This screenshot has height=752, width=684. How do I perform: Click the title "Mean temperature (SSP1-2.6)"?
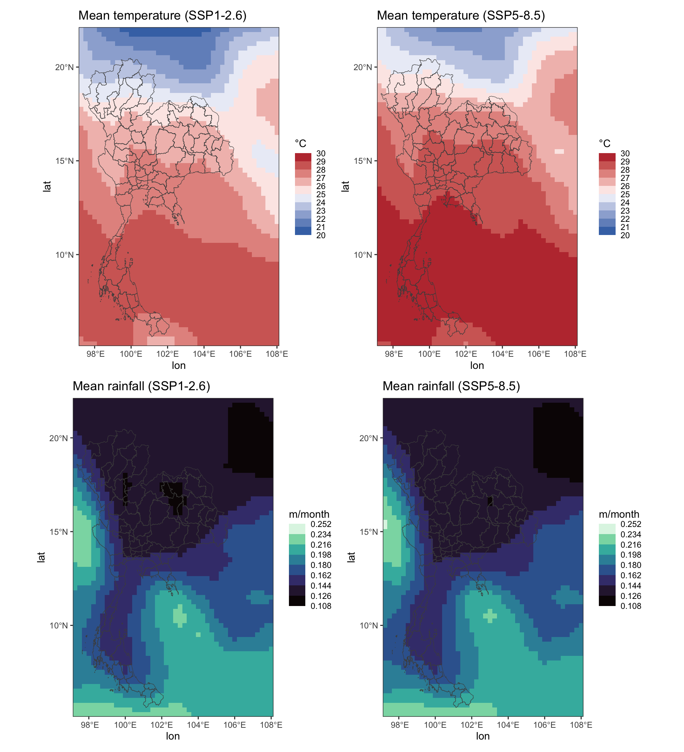point(162,16)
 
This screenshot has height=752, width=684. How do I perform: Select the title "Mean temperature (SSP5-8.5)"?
point(461,16)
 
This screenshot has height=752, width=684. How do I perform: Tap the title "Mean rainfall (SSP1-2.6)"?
point(141,386)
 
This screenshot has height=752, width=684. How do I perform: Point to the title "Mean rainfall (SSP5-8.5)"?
point(451,386)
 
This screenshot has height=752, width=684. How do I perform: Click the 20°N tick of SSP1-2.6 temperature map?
point(64,67)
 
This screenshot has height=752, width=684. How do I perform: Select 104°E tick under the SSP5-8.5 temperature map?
point(502,354)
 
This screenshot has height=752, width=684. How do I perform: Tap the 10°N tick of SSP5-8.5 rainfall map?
point(369,626)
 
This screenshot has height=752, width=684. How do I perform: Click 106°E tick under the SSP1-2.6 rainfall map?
point(234,725)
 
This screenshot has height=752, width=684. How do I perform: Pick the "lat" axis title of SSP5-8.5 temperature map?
point(346,186)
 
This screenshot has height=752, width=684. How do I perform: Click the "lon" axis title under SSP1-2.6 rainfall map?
point(173,736)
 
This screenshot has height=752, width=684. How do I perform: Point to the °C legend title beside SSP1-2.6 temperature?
point(300,143)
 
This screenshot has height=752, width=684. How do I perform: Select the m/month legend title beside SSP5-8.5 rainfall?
point(619,515)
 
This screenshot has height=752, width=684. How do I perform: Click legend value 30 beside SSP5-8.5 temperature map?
point(625,154)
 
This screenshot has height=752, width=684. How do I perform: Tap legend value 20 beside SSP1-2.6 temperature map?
point(321,235)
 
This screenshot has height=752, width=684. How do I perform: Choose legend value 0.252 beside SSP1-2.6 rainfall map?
point(321,524)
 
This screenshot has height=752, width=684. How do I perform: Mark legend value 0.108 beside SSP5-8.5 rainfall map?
point(631,606)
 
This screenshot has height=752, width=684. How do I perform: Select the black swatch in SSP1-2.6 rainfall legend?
point(297,601)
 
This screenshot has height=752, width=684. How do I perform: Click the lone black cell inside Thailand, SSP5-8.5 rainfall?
point(490,501)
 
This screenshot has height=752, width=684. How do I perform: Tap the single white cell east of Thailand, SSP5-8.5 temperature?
point(559,151)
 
